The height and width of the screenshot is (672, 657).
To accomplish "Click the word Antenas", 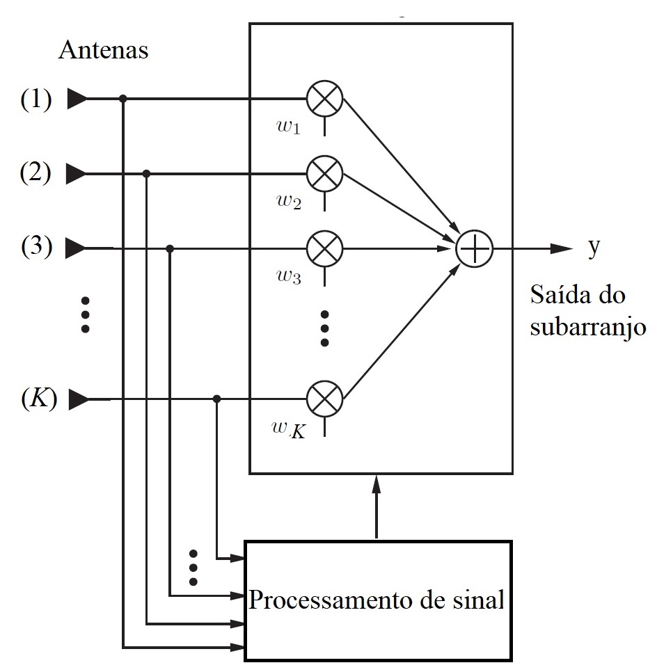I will [x=103, y=50].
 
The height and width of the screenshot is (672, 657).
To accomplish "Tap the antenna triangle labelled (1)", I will [x=77, y=99].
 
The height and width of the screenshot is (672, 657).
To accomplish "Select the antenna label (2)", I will [x=35, y=173].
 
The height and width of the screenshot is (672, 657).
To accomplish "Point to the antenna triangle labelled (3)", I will [x=77, y=247].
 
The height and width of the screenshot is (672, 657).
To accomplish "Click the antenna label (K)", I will [x=38, y=399].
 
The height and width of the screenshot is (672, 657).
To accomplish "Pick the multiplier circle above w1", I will [x=326, y=99].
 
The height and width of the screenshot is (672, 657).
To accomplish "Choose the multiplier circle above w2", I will [x=326, y=173].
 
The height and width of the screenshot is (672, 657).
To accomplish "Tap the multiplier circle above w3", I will [x=326, y=248].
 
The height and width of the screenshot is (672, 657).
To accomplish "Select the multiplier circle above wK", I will [x=326, y=399].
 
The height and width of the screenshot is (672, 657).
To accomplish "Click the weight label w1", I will [x=286, y=128].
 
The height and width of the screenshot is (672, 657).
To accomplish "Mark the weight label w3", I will [x=286, y=278].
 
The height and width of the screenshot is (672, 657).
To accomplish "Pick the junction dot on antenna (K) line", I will [x=216, y=399].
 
